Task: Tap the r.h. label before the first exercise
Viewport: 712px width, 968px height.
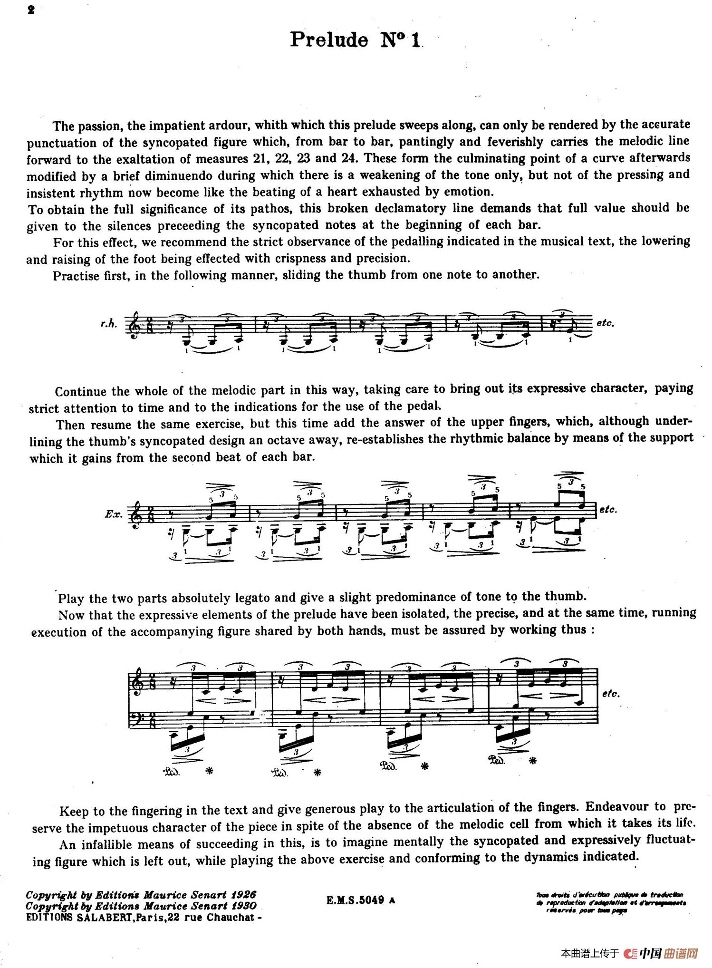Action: [x=108, y=324]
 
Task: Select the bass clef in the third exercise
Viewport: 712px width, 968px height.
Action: [x=136, y=716]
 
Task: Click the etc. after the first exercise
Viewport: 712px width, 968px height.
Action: [x=605, y=323]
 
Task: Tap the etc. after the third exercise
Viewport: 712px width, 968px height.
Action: [x=610, y=694]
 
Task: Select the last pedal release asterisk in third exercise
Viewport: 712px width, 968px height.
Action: [x=533, y=761]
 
